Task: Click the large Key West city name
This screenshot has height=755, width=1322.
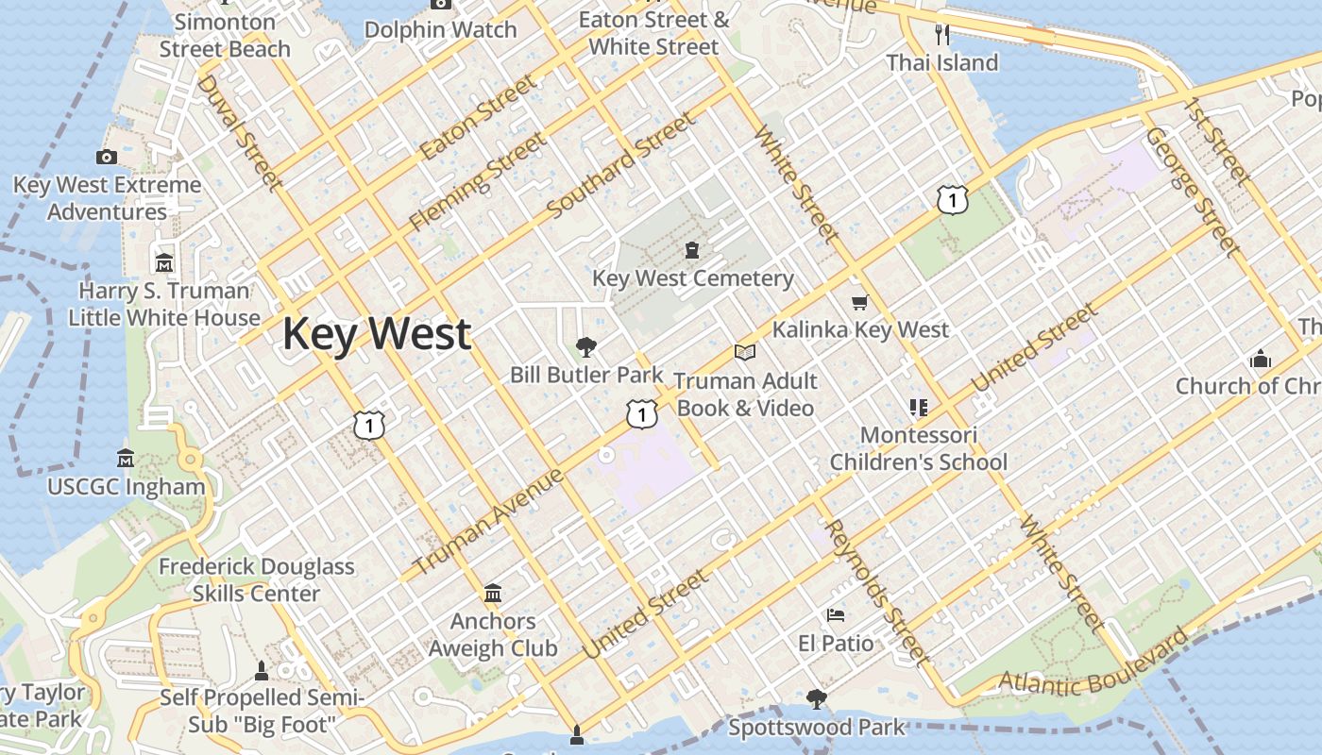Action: tap(377, 334)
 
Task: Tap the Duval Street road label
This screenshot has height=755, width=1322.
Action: tap(240, 132)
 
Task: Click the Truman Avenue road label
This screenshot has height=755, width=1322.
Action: tap(489, 521)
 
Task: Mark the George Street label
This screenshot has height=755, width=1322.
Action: tap(1192, 192)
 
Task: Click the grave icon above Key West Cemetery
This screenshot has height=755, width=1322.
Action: tap(692, 250)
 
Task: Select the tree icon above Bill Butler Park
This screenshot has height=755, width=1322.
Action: tap(586, 346)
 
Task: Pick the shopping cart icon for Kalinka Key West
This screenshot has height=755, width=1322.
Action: tap(859, 302)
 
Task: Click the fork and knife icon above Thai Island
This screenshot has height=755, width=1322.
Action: tap(941, 35)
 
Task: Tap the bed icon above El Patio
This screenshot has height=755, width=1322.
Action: tap(836, 615)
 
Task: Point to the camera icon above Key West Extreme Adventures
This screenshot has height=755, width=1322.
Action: tap(107, 157)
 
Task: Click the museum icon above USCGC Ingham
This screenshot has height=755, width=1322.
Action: tap(126, 459)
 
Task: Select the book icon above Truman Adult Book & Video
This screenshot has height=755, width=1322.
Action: tap(745, 352)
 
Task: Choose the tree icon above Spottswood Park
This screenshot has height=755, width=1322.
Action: tap(816, 699)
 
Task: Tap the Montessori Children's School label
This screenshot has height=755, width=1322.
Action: tap(918, 449)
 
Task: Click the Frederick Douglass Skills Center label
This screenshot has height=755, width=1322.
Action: tap(256, 580)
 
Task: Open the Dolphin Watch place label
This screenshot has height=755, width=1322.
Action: tap(440, 29)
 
